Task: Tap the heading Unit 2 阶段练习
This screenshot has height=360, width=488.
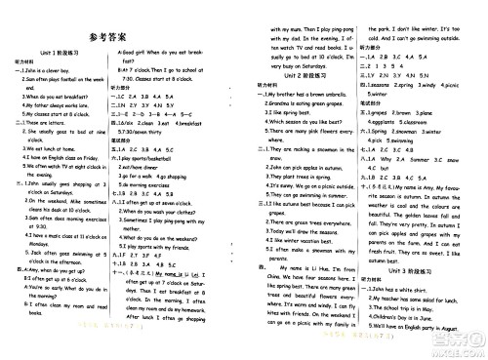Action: pyautogui.click(x=304, y=75)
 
